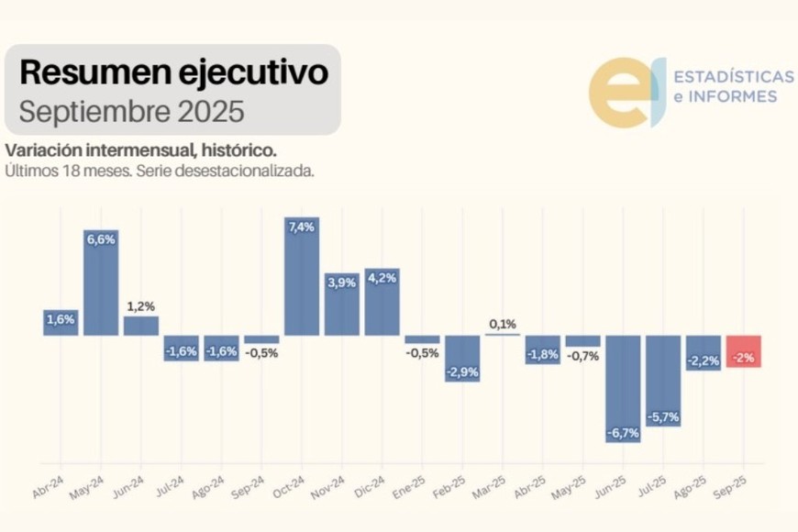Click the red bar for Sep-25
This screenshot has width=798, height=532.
pyautogui.click(x=743, y=351)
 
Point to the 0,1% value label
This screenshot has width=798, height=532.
pyautogui.click(x=503, y=324)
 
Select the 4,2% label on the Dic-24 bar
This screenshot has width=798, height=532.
pyautogui.click(x=382, y=278)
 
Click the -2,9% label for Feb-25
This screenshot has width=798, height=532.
pyautogui.click(x=462, y=372)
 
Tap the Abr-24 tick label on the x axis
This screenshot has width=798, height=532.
pyautogui.click(x=48, y=487)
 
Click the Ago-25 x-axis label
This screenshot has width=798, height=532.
pyautogui.click(x=692, y=487)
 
